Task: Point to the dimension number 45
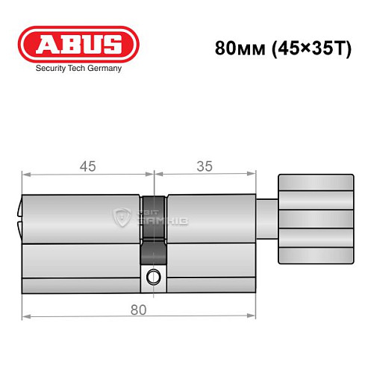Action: click(x=88, y=168)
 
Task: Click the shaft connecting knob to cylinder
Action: click(x=268, y=220)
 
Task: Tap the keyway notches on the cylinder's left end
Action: click(x=19, y=220)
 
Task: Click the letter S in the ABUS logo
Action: click(x=110, y=43)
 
